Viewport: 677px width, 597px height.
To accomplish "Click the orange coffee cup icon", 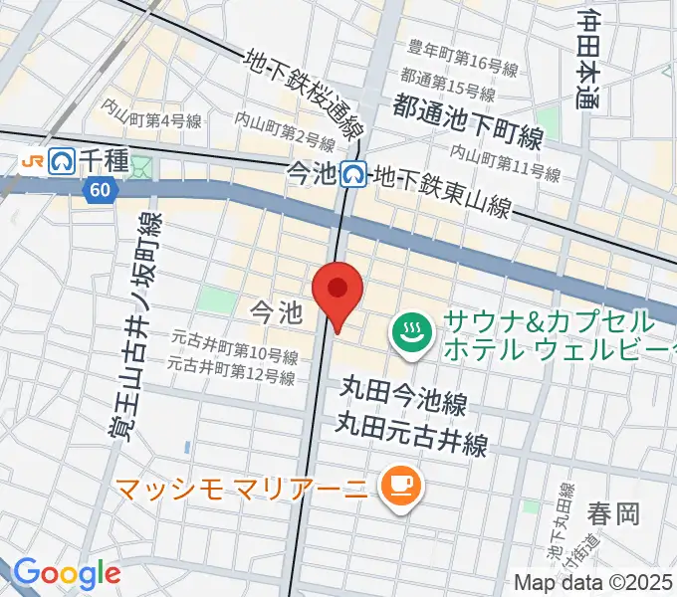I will [x=404, y=486].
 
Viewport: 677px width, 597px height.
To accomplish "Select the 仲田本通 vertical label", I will [x=588, y=60].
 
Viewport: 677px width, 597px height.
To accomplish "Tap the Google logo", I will [x=68, y=574].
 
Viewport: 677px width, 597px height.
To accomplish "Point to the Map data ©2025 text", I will [x=593, y=584].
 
